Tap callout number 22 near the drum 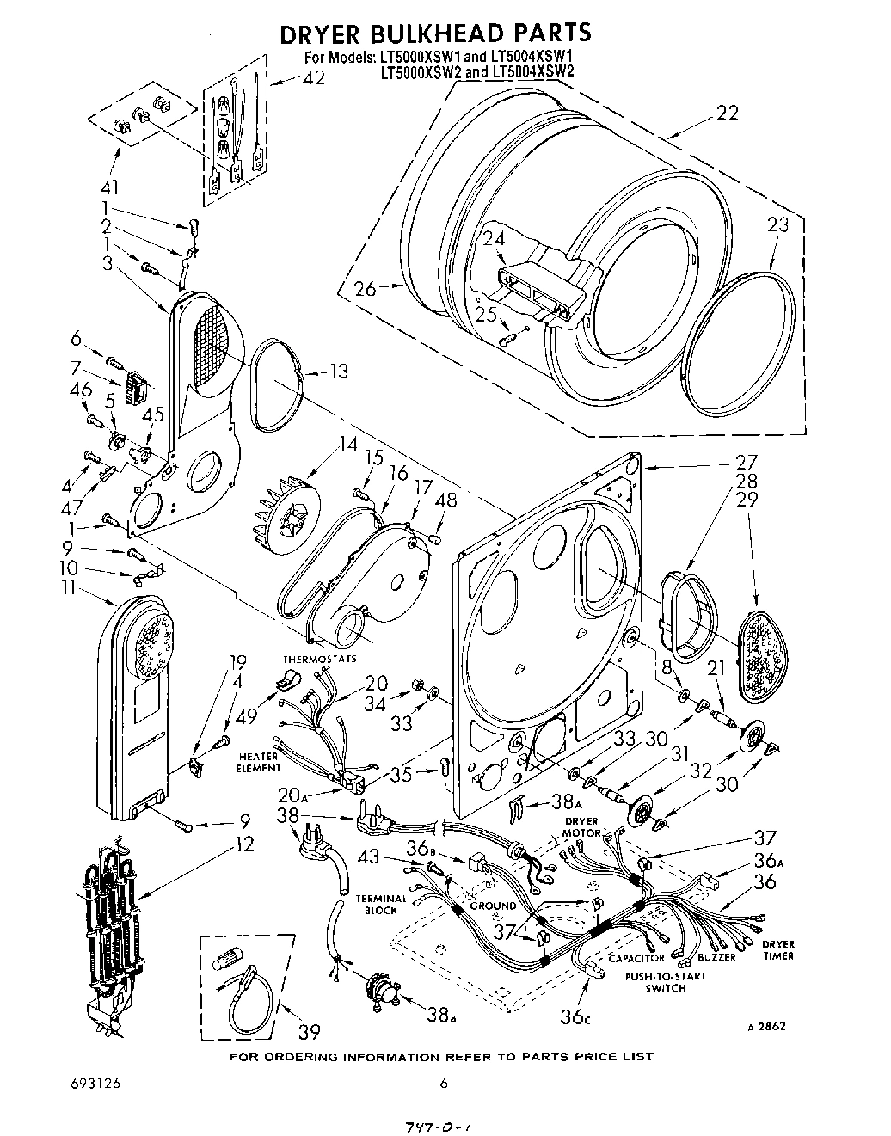point(727,113)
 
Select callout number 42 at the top point(314,77)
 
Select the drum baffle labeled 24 point(539,284)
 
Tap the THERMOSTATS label point(307,660)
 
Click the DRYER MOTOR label point(581,827)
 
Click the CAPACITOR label point(636,958)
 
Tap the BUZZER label point(716,957)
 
